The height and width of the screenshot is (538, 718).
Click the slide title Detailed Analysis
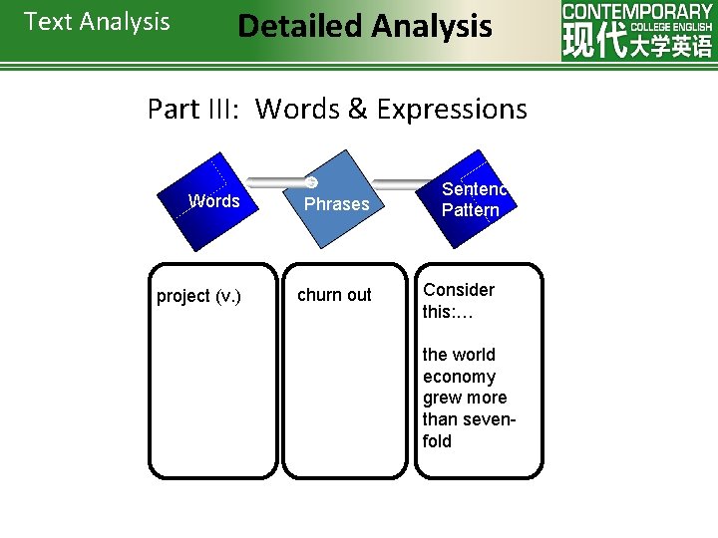coord(364,26)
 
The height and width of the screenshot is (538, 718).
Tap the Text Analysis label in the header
coord(97,22)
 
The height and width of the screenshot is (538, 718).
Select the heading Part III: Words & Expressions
coord(337,109)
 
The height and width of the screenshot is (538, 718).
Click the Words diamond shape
coord(213,201)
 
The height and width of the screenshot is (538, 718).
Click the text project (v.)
coord(198,296)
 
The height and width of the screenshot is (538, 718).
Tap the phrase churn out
coord(334,295)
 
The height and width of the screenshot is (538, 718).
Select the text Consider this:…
coord(459,300)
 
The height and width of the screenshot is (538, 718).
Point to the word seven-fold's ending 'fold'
coord(437,441)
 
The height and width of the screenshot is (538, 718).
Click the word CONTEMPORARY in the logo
coord(637,12)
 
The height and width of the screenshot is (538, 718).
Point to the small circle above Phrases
coord(311,182)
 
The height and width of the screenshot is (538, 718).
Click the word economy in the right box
coord(459,377)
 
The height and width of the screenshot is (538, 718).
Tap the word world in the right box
coord(475,355)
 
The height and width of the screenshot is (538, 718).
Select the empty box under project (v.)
coord(212,389)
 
